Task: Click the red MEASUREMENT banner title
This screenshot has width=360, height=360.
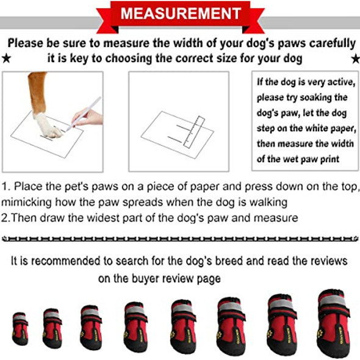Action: (180, 13)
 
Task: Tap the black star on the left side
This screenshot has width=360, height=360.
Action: (6, 59)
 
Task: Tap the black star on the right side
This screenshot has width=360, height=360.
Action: (355, 59)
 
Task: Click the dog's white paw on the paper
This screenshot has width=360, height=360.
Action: (46, 124)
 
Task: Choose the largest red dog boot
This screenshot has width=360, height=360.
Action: (333, 323)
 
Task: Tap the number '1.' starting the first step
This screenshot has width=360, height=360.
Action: (6, 187)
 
